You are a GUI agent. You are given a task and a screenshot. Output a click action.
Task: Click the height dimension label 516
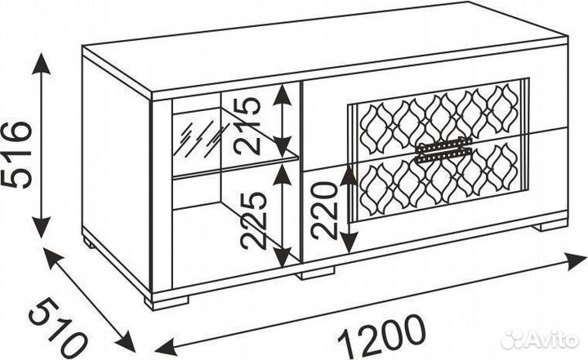pos(16,154)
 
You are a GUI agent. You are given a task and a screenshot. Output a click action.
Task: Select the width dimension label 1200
pos(382,336)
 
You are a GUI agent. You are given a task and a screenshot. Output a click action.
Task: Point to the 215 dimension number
pos(247,127)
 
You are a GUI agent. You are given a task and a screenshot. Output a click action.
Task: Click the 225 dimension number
pos(253,221)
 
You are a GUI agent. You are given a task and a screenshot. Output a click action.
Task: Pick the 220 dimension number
pos(324,210)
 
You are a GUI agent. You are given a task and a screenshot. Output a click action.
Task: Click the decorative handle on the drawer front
pos(443,149)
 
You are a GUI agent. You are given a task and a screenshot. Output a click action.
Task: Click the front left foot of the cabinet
pos(167,303)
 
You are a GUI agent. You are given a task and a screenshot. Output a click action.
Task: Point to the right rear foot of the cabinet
pos(550,226)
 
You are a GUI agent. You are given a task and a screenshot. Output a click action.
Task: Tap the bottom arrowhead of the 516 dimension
pos(41,226)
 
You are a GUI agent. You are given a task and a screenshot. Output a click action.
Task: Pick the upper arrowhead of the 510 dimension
pos(53,259)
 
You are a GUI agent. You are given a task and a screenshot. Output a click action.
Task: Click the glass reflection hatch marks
pos(200,139)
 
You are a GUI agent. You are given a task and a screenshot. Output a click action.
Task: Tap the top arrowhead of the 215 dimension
pos(282,95)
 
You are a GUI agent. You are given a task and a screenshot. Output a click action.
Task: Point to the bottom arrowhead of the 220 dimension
pos(350,242)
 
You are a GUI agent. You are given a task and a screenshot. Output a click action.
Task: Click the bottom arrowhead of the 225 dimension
pos(283,256)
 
